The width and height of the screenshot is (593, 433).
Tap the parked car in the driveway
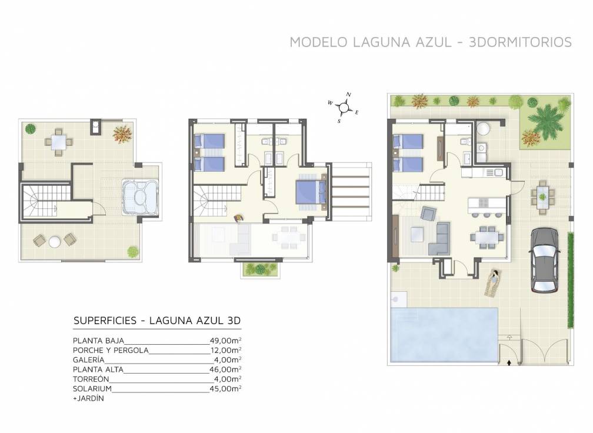544,259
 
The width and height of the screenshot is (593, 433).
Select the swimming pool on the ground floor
443,335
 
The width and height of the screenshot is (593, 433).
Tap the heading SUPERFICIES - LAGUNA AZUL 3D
157,321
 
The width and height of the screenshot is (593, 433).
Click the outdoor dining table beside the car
542,196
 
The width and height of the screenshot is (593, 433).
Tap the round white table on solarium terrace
54,241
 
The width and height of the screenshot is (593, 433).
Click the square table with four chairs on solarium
58,141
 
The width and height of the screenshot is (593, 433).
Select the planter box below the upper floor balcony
259,269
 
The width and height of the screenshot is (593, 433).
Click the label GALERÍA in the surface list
89,360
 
